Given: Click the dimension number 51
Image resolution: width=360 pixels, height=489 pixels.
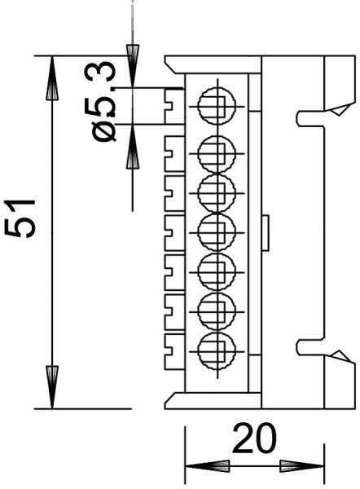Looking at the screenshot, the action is [20, 218].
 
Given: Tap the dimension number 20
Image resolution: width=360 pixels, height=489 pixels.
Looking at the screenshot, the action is [254, 438].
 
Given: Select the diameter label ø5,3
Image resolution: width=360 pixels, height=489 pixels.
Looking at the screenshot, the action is [103, 102].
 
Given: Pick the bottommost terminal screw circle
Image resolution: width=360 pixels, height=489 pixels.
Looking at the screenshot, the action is [217, 350].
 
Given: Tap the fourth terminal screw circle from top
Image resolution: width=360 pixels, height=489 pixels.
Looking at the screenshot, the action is [217, 232].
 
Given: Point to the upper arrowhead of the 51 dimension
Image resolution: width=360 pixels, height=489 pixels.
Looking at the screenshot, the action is [52, 78].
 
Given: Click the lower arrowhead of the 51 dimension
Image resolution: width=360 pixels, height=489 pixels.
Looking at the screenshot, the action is [52, 387].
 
